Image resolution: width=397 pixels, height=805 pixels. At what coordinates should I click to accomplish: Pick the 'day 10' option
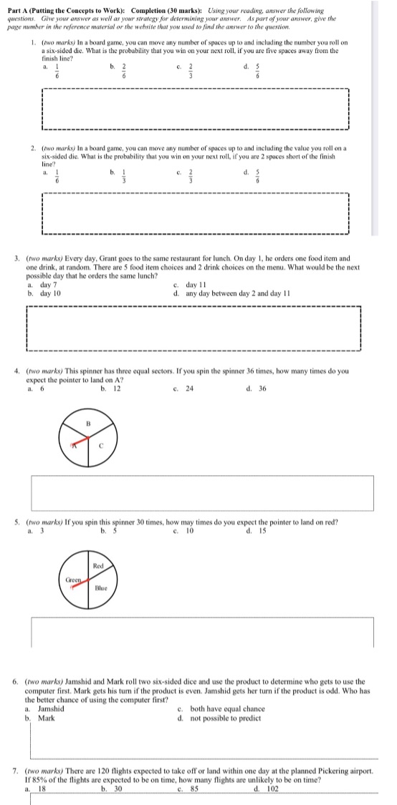tap(50, 293)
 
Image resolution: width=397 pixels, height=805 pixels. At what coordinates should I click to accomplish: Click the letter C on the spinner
tap(102, 444)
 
